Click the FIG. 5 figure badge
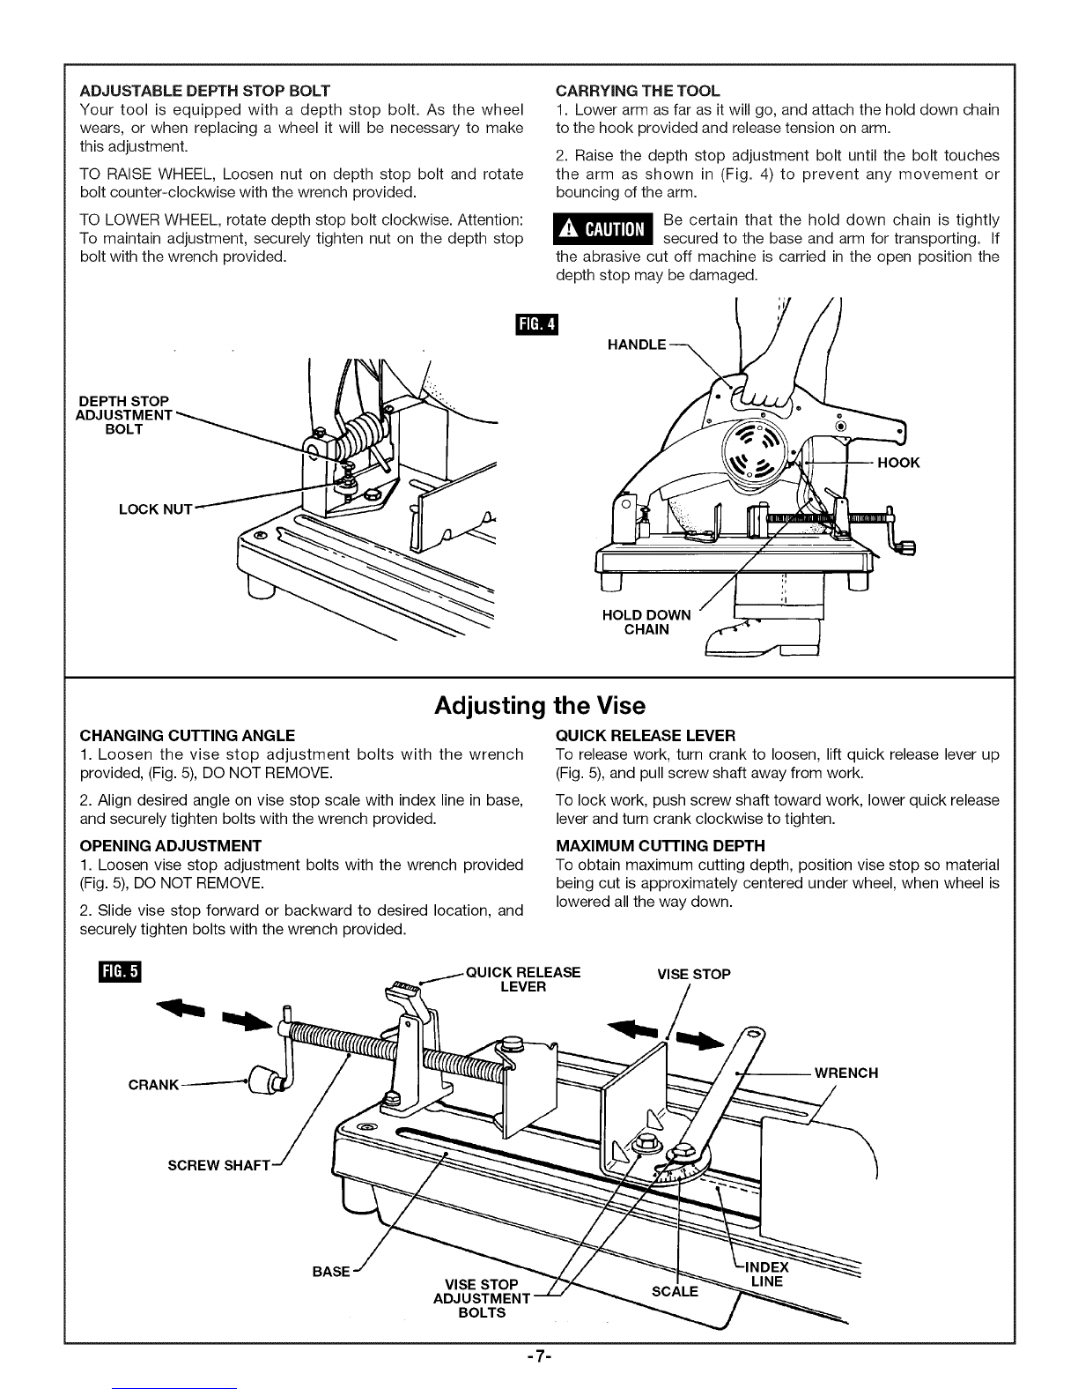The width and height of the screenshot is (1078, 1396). [x=119, y=973]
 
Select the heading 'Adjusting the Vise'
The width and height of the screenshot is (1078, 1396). [x=540, y=706]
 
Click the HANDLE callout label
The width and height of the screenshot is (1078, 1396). [x=637, y=345]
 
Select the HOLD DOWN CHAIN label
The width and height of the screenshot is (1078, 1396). [x=646, y=622]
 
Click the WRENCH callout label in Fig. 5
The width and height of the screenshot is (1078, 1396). [x=846, y=1073]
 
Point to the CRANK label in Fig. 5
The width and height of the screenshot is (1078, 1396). [x=153, y=1084]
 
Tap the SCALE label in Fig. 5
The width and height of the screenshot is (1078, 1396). [x=675, y=1291]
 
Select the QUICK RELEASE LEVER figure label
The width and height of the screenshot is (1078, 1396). [x=523, y=979]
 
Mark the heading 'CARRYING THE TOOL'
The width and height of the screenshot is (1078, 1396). [x=638, y=91]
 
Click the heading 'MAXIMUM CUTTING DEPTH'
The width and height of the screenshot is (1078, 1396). [x=661, y=846]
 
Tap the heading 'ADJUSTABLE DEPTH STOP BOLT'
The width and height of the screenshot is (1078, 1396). [x=205, y=91]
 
